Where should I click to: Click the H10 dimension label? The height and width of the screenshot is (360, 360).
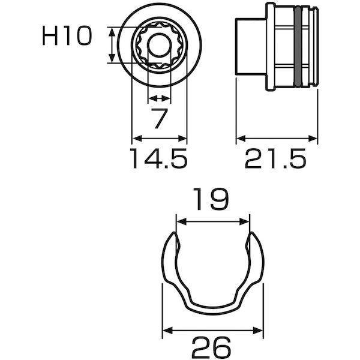[67, 36]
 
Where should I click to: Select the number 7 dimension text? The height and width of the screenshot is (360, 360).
[159, 119]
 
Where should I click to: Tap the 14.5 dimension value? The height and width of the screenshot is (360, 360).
[158, 158]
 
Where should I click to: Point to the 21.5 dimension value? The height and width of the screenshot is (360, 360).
[276, 158]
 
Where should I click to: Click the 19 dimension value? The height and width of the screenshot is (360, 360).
[211, 199]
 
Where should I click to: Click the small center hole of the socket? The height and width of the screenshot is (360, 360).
[160, 45]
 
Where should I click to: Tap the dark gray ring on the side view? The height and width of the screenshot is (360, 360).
[298, 47]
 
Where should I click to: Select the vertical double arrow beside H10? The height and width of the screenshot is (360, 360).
[112, 45]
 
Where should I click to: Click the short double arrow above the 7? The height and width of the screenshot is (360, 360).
[159, 99]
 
